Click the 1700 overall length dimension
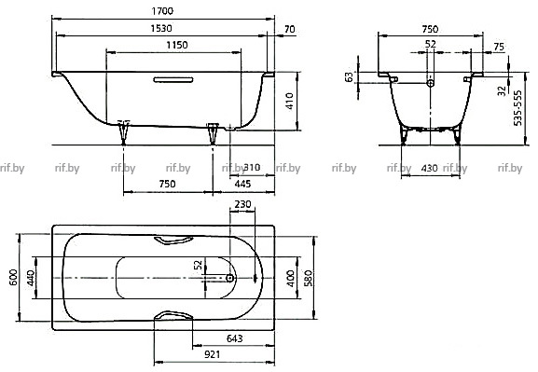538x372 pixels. click(x=162, y=11)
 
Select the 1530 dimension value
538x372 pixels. click(x=161, y=28)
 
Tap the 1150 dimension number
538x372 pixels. click(x=177, y=45)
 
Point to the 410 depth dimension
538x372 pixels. click(x=290, y=102)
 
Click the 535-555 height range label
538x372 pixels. click(x=517, y=108)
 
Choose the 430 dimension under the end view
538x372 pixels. click(x=429, y=168)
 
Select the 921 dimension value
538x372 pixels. click(x=212, y=354)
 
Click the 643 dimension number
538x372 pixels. click(x=235, y=338)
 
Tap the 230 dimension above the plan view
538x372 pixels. click(x=242, y=204)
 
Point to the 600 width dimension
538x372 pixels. click(x=13, y=277)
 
